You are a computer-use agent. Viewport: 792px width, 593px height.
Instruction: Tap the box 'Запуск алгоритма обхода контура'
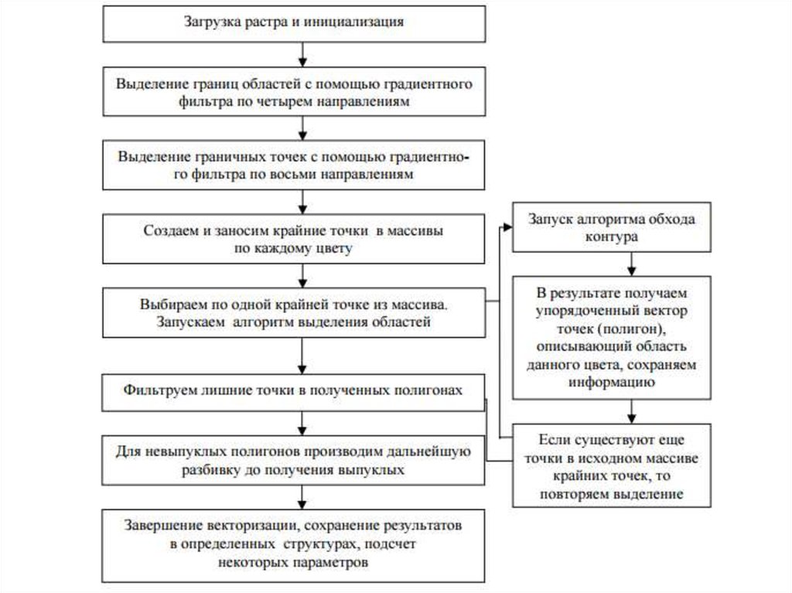tap(611, 228)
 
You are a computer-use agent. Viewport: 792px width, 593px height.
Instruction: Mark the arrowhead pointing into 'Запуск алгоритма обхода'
tap(507, 227)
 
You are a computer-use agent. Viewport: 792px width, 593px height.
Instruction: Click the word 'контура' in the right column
tap(611, 238)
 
